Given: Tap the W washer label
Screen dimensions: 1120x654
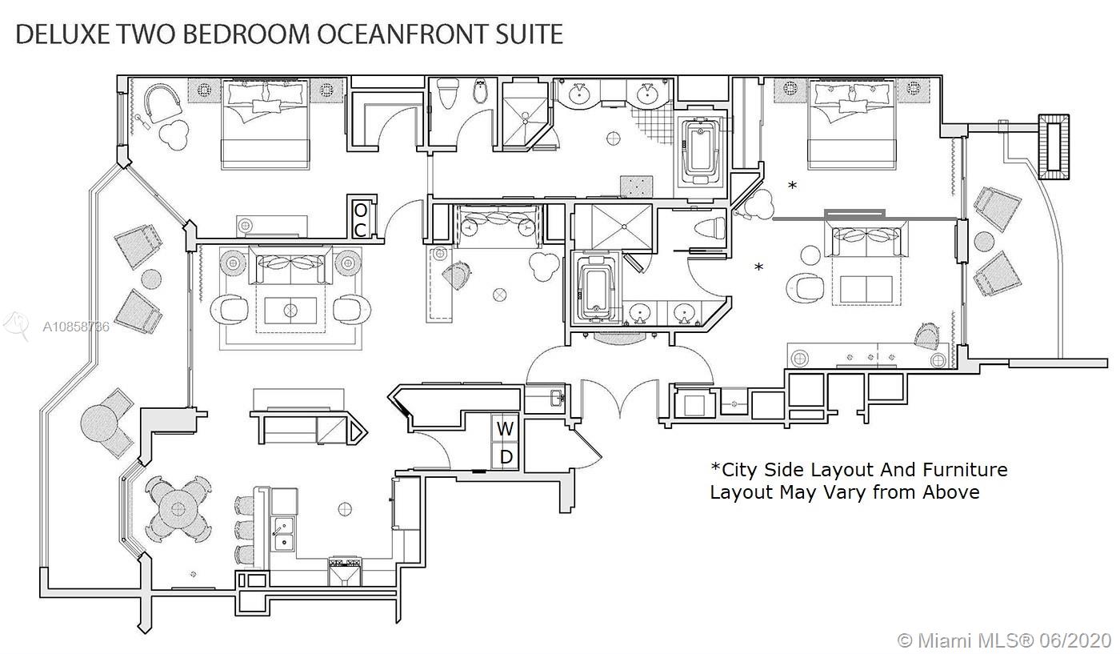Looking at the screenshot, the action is coord(505,429).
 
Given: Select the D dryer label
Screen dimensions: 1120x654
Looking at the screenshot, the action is coord(506,456).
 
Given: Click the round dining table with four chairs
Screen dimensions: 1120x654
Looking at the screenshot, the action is coord(178,509).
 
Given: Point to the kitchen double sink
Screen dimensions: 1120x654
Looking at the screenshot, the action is coord(282,534).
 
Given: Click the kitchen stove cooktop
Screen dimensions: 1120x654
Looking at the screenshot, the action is coord(345,571).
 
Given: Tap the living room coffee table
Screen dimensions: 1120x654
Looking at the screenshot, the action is coord(290,311).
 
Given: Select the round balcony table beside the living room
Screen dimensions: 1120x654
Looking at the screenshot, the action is coord(151,279).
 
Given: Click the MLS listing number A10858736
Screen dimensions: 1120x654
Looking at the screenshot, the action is coord(76,327).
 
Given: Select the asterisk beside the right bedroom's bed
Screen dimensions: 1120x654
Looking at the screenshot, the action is coord(793,186).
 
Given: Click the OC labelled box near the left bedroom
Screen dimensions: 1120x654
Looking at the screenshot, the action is coord(361,219).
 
